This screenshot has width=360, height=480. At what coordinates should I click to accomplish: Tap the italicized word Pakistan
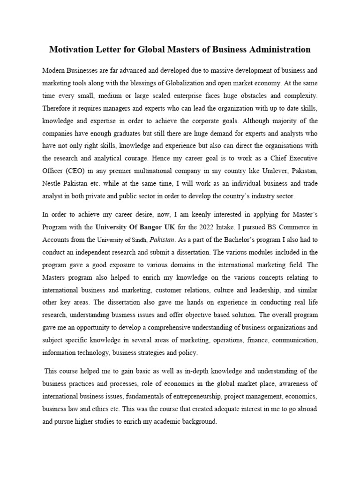tap(162, 239)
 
